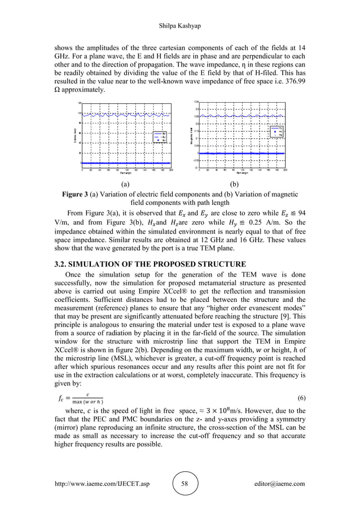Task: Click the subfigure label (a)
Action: [x=125, y=184]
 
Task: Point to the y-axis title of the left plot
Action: [x=73, y=135]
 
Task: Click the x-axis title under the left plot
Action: [x=125, y=172]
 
